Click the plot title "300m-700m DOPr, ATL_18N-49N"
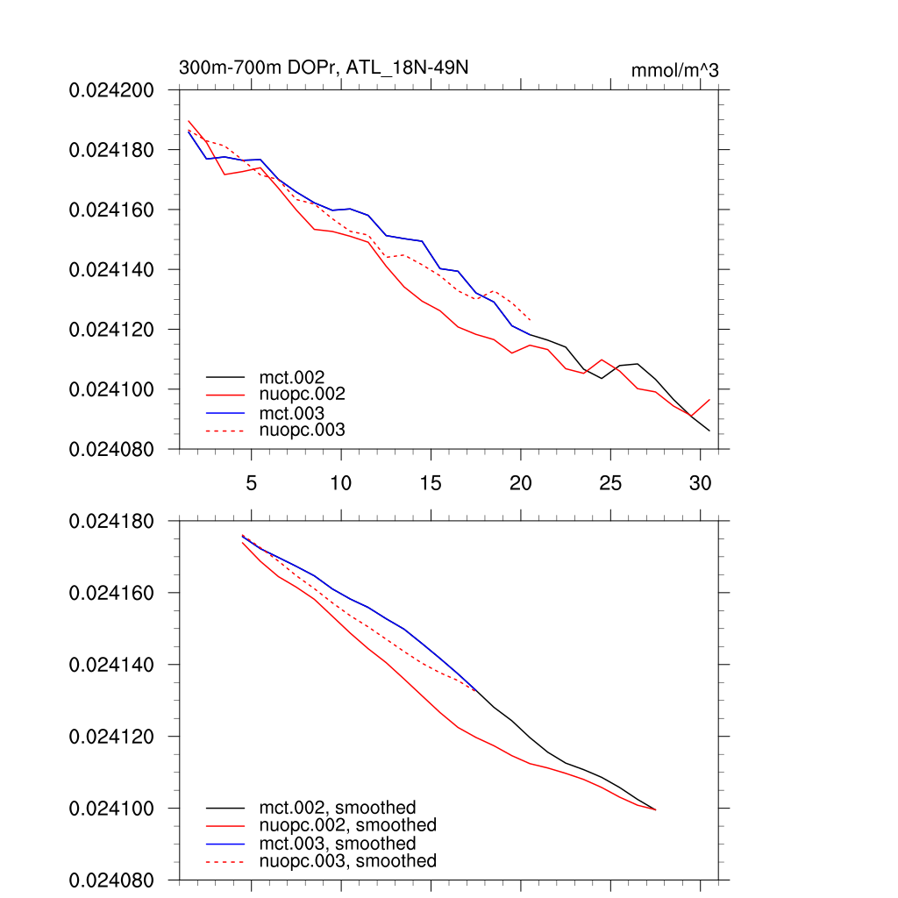[x=330, y=68]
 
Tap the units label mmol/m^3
[x=674, y=70]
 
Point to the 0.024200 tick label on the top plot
[x=111, y=89]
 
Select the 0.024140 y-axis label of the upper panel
[x=111, y=269]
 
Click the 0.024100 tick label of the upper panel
[x=111, y=388]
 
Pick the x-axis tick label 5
[x=252, y=483]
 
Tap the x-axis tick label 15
[x=431, y=483]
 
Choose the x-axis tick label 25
[x=610, y=483]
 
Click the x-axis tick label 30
[x=700, y=483]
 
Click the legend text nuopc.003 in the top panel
[x=303, y=430]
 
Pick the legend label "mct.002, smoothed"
[x=338, y=807]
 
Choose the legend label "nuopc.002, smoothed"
[x=348, y=825]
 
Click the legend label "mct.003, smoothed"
[x=338, y=843]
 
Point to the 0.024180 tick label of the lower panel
[x=111, y=521]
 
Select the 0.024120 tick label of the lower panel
[x=111, y=736]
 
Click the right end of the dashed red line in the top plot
[x=531, y=319]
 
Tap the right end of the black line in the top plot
[x=709, y=431]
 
